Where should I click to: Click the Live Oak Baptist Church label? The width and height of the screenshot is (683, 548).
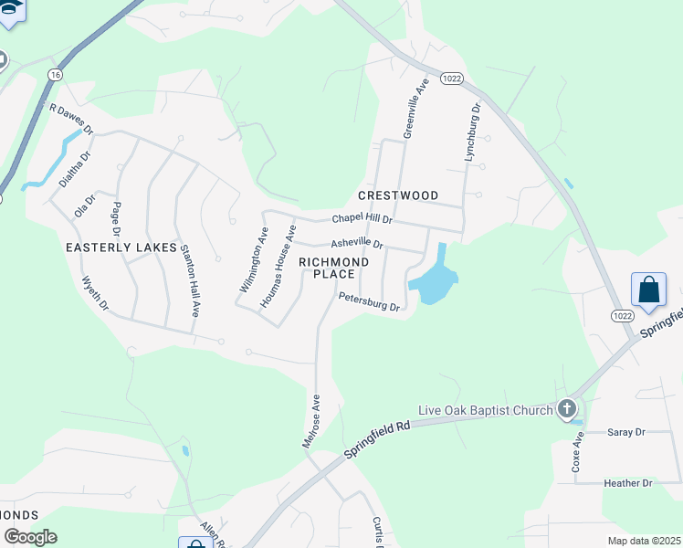click(485, 410)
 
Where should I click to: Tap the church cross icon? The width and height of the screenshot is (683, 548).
click(567, 408)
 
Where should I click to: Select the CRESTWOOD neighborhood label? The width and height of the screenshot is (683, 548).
click(398, 195)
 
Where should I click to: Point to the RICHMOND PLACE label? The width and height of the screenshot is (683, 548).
click(334, 269)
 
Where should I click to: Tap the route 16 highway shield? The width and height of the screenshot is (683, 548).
click(57, 74)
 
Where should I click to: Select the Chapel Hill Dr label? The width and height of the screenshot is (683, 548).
click(362, 219)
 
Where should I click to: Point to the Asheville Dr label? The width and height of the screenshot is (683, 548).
click(357, 245)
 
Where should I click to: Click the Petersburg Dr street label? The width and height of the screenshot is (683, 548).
click(369, 301)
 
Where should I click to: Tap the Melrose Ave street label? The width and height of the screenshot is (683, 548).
click(311, 420)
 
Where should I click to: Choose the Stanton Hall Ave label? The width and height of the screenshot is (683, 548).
click(189, 280)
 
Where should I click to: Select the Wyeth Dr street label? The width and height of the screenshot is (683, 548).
click(95, 292)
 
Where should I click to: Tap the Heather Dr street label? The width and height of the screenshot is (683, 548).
click(628, 482)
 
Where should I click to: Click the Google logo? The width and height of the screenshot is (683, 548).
click(30, 537)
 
